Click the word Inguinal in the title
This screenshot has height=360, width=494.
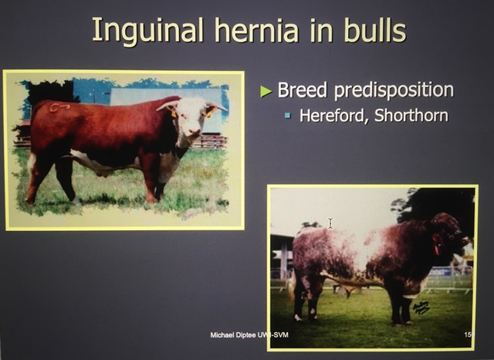click(147, 31)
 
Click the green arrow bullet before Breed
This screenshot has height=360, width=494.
click(266, 91)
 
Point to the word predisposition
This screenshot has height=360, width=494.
click(394, 91)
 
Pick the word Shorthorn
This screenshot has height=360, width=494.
click(411, 115)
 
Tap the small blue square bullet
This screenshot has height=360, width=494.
click(287, 116)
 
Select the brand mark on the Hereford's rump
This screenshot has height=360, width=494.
click(59, 107)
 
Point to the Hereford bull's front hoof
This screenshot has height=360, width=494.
click(151, 199)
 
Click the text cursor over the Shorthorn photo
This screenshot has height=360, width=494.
click(330, 223)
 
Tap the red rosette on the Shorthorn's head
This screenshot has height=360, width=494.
click(437, 244)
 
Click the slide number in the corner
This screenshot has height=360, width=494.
click(469, 335)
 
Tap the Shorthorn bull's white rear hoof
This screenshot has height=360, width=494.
click(297, 318)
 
